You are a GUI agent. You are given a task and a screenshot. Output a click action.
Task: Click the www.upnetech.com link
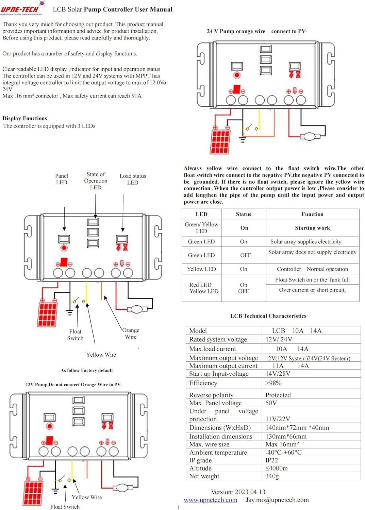210,500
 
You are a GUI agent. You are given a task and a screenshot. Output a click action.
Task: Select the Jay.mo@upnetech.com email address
277,500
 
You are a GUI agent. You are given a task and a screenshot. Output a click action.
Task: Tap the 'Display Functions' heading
25,118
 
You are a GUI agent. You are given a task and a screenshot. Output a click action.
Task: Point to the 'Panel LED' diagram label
62,179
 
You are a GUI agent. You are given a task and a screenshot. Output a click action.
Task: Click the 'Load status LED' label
133,179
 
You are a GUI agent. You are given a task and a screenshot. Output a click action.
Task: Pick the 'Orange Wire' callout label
131,334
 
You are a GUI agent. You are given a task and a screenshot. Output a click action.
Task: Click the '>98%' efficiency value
273,383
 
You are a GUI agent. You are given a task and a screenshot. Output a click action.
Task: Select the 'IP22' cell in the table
272,460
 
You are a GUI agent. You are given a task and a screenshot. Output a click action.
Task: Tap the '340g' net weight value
272,476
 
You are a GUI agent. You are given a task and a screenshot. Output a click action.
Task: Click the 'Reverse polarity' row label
211,395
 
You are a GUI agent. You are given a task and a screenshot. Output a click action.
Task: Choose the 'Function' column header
312,214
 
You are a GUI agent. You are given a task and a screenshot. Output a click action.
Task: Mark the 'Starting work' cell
312,228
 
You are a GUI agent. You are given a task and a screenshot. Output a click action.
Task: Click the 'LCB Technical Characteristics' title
268,316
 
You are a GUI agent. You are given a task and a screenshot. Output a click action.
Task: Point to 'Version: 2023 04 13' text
238,492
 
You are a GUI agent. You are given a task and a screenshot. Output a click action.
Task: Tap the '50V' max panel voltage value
271,403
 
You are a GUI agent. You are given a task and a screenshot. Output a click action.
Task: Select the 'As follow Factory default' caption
87,370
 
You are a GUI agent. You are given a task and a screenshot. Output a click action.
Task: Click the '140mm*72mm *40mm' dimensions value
297,428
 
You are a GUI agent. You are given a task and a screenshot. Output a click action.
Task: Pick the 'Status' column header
244,214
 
